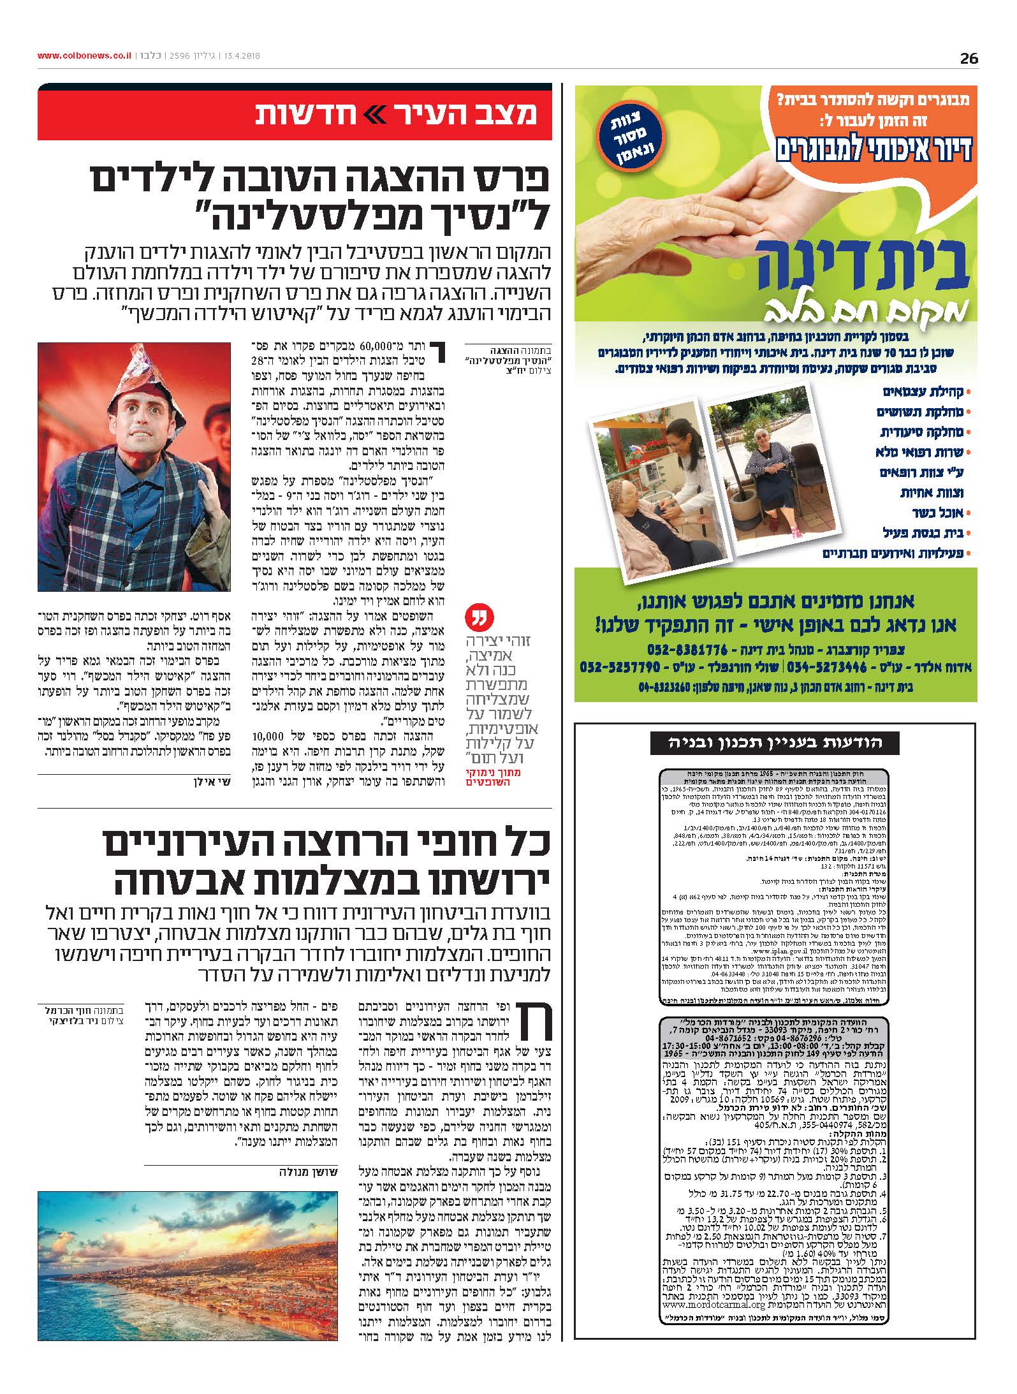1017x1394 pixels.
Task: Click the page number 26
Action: [x=969, y=58]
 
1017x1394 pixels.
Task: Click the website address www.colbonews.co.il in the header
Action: [x=84, y=56]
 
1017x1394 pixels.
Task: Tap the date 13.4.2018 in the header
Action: [x=241, y=56]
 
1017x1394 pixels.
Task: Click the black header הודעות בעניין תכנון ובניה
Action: [x=765, y=742]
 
